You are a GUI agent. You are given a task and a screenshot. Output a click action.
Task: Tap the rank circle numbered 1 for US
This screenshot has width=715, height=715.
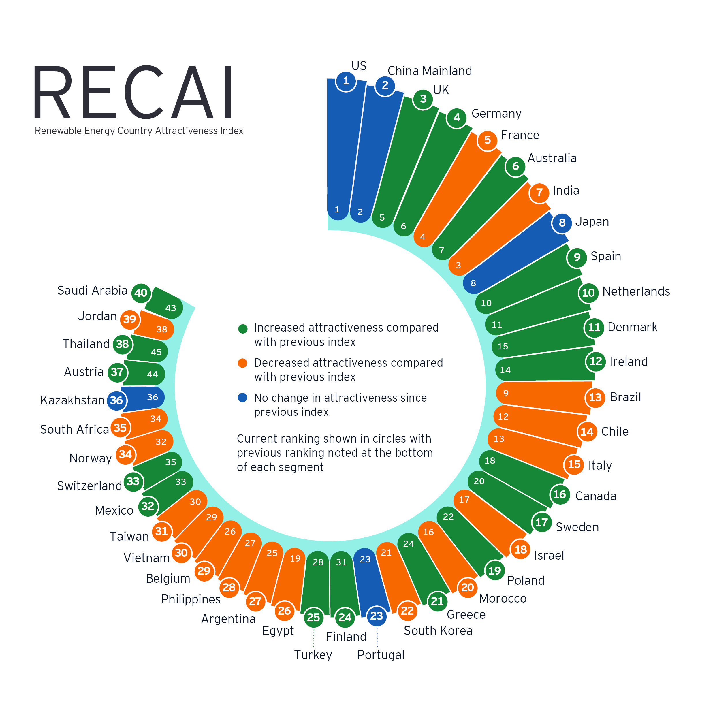(x=346, y=81)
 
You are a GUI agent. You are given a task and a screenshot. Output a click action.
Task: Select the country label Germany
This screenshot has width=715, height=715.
(x=496, y=114)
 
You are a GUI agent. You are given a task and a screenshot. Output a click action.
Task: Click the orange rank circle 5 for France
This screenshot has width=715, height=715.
(x=488, y=140)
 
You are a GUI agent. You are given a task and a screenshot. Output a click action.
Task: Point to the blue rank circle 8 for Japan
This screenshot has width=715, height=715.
(x=562, y=223)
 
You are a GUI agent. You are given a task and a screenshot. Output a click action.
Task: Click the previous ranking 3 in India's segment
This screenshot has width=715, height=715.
(x=458, y=265)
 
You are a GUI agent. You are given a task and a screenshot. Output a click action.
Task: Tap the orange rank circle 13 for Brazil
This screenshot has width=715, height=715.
(x=595, y=398)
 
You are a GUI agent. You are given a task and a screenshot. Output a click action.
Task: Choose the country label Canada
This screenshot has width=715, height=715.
(x=596, y=496)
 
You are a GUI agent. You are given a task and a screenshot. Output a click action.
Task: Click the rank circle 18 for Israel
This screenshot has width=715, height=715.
(x=520, y=549)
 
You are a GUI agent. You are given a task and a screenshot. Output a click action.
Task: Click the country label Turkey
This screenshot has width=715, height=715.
(x=313, y=655)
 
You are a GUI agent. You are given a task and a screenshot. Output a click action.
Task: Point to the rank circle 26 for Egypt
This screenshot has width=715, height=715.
(x=284, y=611)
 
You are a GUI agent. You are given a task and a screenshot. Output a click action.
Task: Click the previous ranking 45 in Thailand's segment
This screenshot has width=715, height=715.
(x=156, y=352)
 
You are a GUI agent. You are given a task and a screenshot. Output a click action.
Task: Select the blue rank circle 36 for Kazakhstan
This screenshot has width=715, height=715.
(x=116, y=400)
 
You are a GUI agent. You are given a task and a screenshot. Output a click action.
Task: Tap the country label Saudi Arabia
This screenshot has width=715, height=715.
(x=92, y=291)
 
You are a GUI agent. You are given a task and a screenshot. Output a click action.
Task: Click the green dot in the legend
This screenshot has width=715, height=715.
(x=243, y=329)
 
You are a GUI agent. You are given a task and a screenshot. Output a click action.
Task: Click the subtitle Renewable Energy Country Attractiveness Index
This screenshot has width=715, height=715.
(x=139, y=131)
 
